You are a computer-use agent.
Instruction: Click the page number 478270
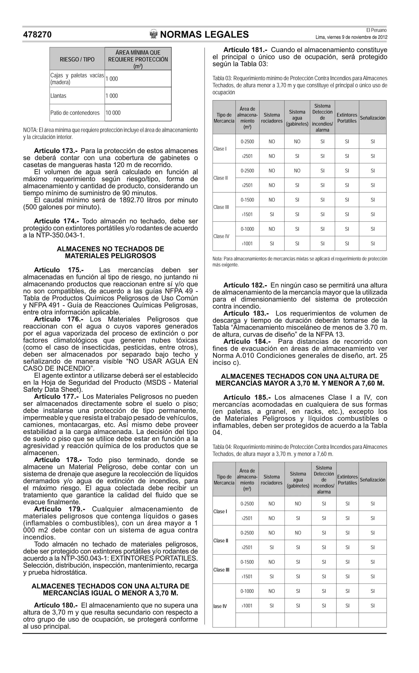click(x=37, y=35)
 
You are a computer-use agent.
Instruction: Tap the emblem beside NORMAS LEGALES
click(x=153, y=34)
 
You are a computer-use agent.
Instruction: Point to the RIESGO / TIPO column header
click(x=77, y=59)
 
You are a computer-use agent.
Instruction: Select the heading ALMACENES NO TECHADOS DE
click(x=110, y=249)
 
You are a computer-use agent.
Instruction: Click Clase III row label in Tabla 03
click(x=221, y=207)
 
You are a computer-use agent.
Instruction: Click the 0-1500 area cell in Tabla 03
click(x=247, y=200)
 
